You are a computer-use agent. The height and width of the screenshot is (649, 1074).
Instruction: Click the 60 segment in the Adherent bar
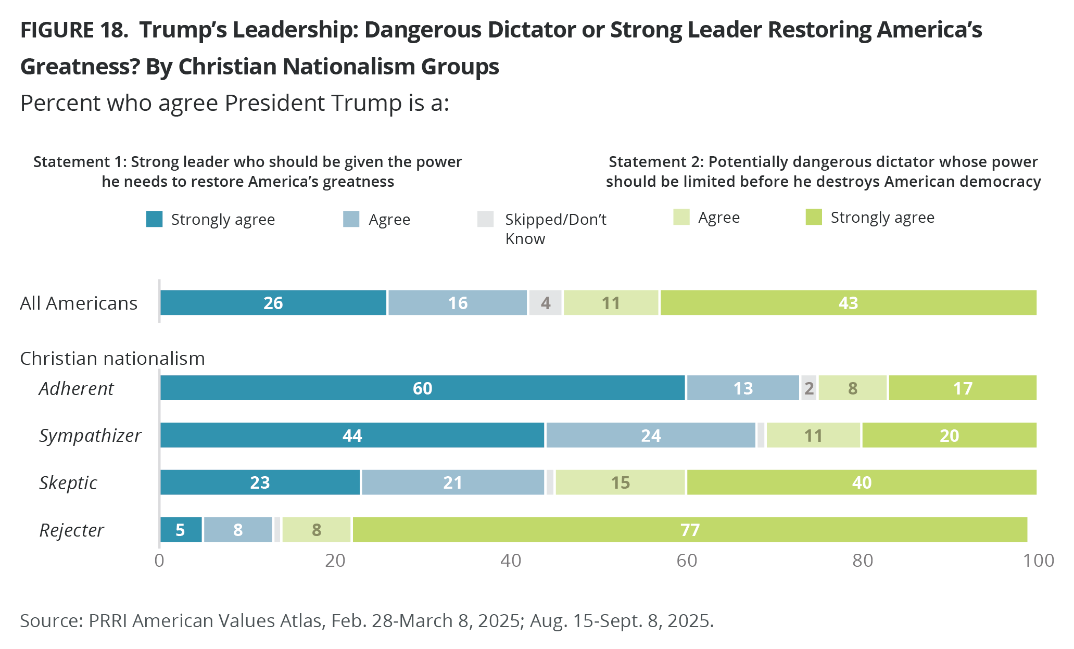click(x=422, y=388)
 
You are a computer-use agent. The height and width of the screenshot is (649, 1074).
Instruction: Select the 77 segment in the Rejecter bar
click(x=690, y=530)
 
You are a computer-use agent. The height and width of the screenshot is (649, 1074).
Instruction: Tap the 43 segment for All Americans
click(x=848, y=303)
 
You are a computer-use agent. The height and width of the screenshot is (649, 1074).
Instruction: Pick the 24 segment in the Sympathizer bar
click(x=651, y=435)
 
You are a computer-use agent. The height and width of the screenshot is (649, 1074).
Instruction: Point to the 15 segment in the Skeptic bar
click(x=621, y=482)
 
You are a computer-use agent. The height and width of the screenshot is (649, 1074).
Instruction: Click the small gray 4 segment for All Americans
click(x=546, y=303)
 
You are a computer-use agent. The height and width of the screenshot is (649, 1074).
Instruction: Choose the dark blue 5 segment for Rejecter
click(x=180, y=530)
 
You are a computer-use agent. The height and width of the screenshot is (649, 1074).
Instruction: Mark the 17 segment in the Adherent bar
click(x=963, y=388)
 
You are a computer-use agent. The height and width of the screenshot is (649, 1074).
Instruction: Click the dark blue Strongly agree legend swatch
click(x=155, y=219)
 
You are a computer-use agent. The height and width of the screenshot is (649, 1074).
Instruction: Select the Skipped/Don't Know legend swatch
click(x=485, y=219)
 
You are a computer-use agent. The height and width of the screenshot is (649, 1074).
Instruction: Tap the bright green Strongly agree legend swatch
click(x=814, y=217)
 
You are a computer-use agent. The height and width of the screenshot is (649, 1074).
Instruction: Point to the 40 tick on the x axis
click(x=511, y=561)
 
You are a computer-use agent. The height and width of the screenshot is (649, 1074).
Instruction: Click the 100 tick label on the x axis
click(x=1038, y=561)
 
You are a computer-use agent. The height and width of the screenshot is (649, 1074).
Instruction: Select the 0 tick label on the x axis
click(x=159, y=561)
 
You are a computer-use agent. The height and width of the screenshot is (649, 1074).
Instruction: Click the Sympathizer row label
click(x=90, y=436)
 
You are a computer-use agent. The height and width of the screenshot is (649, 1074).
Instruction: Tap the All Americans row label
click(x=79, y=303)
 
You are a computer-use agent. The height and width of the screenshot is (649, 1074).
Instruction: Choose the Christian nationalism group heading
click(x=112, y=359)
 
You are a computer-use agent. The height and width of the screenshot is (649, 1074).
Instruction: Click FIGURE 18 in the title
click(x=74, y=30)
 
